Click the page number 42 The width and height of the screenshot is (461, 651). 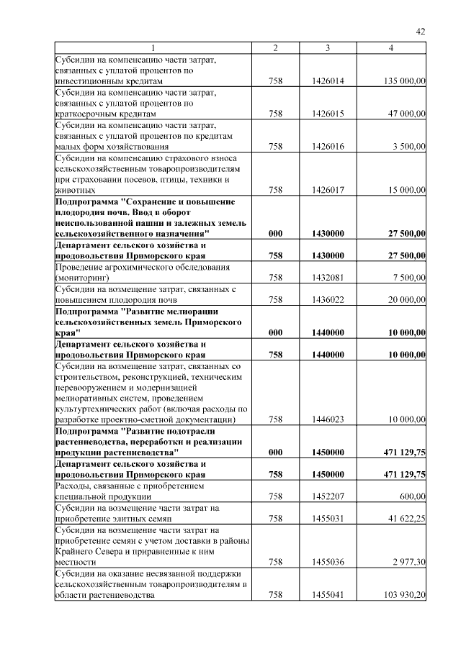tap(421, 32)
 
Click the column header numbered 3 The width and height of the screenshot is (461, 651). tap(328, 47)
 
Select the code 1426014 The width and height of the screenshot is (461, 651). tap(328, 81)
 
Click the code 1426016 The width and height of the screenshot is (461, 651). tap(328, 146)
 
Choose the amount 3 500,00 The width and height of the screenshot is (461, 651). tap(408, 146)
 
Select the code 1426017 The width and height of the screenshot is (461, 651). tap(328, 190)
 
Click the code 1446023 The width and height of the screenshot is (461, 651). tap(328, 419)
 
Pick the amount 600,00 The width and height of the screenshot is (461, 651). tap(412, 496)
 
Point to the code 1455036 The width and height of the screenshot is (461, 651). tap(328, 561)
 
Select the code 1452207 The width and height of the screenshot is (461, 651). tap(328, 496)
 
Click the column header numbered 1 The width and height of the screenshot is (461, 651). tap(153, 47)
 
